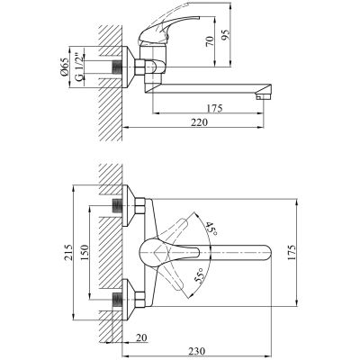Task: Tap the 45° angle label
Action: click(210, 229)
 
